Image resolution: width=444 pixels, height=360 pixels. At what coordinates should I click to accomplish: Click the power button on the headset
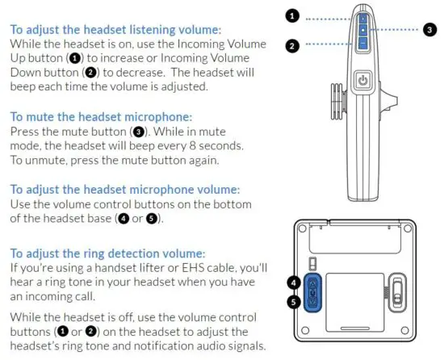coord(362,81)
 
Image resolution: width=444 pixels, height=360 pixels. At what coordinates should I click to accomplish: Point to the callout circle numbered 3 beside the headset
coord(429,30)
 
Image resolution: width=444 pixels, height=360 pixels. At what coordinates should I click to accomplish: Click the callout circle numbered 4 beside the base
coord(295,283)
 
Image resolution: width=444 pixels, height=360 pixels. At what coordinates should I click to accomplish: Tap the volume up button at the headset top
coord(363,18)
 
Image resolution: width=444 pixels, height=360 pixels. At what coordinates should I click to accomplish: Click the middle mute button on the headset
coord(363,30)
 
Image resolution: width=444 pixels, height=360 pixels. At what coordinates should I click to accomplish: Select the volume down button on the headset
coord(363,42)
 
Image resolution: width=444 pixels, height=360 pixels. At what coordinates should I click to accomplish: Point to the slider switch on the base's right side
coord(396,291)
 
